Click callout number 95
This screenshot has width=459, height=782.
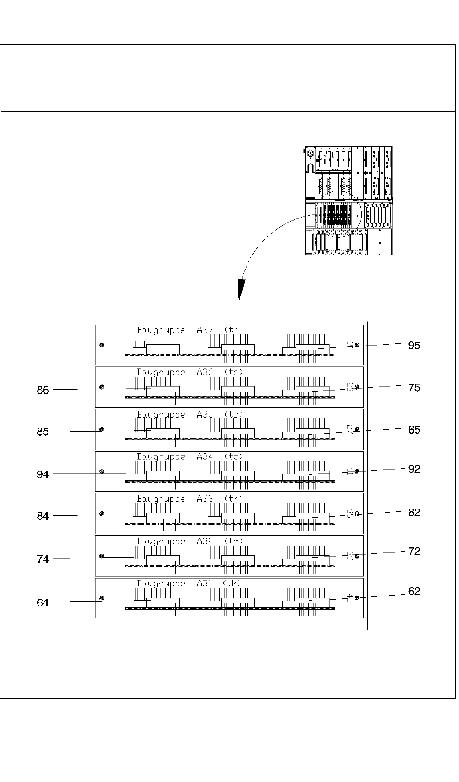click(414, 346)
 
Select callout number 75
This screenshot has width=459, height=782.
click(414, 388)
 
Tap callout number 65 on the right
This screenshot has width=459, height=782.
click(414, 430)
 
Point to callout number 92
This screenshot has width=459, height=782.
click(414, 469)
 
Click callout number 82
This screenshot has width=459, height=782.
click(414, 512)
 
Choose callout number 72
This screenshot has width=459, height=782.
click(414, 551)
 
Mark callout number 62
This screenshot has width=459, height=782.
click(414, 592)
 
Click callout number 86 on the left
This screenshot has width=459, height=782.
click(43, 390)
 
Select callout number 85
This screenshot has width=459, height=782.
click(43, 432)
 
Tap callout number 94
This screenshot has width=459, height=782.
click(43, 474)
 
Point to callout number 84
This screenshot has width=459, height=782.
click(43, 516)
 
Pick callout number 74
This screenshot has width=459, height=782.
click(43, 559)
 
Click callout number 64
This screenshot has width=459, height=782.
click(43, 603)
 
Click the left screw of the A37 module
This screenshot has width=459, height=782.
click(102, 345)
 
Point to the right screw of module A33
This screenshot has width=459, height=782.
click(357, 514)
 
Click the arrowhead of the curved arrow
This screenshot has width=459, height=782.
click(239, 291)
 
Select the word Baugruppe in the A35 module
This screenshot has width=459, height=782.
click(161, 415)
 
